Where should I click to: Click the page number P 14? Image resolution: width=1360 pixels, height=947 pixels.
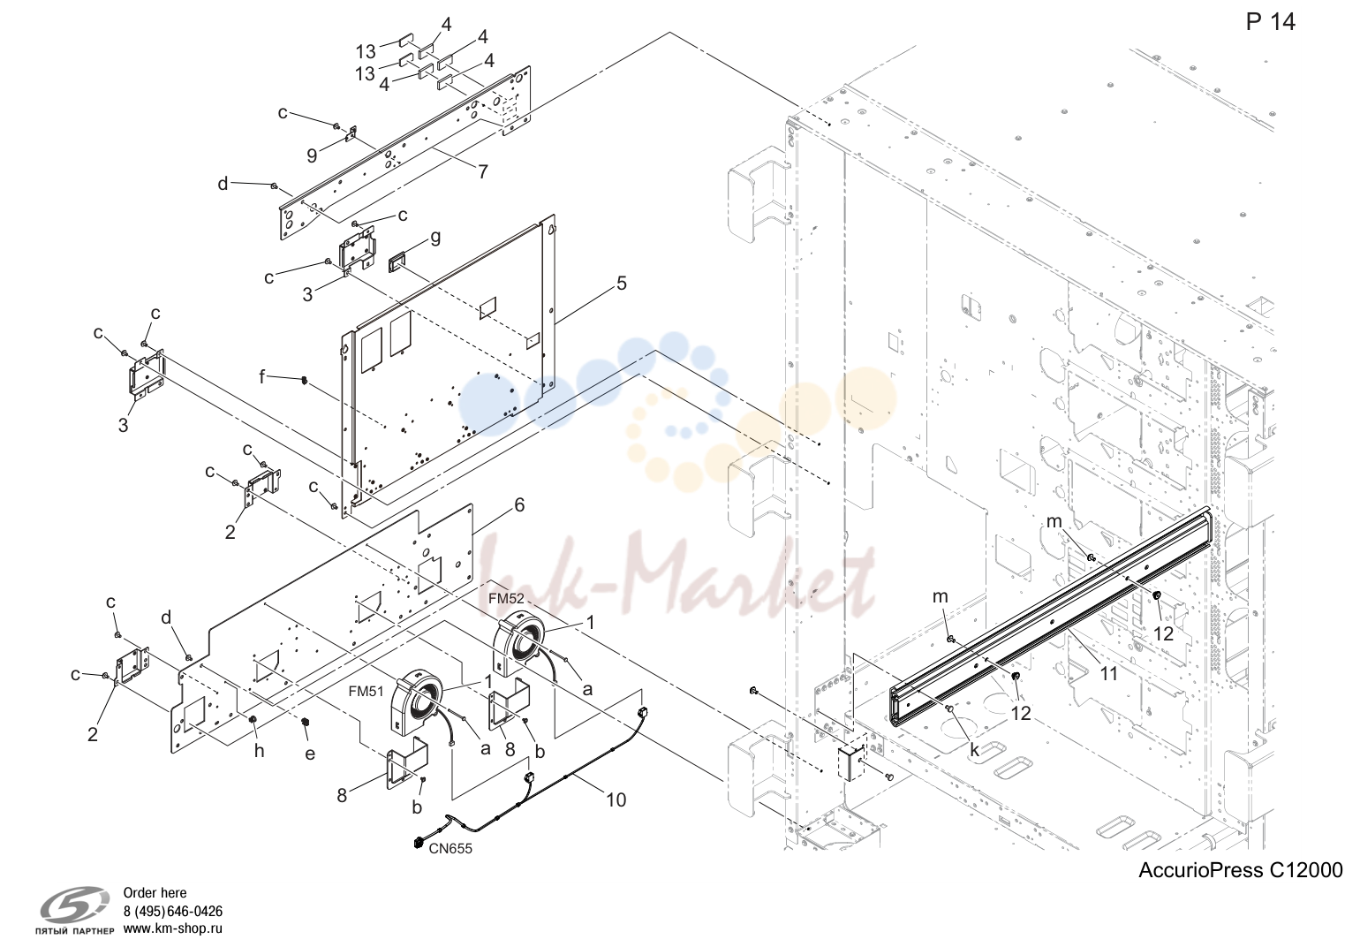pyautogui.click(x=1270, y=22)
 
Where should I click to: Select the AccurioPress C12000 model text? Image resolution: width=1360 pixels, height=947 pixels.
pyautogui.click(x=1241, y=870)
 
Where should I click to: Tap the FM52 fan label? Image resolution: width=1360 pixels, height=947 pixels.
pyautogui.click(x=506, y=598)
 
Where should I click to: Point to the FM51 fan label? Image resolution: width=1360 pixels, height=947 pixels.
pyautogui.click(x=366, y=691)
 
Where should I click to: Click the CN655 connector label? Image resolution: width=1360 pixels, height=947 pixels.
pyautogui.click(x=450, y=849)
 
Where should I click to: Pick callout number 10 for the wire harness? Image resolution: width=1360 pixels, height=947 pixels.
pyautogui.click(x=616, y=800)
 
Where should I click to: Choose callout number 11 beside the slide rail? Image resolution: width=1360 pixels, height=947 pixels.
pyautogui.click(x=1108, y=673)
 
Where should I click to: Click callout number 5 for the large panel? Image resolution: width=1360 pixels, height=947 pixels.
pyautogui.click(x=621, y=283)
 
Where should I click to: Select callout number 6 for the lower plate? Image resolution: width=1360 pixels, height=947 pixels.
pyautogui.click(x=519, y=504)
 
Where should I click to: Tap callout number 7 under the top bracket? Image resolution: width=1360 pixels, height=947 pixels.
pyautogui.click(x=483, y=172)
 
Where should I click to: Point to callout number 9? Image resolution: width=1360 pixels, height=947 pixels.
pyautogui.click(x=312, y=156)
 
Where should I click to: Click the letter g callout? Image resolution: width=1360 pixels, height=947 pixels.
pyautogui.click(x=435, y=239)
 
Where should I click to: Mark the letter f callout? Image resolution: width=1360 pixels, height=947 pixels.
pyautogui.click(x=262, y=376)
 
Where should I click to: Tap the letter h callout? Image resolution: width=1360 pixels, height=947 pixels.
pyautogui.click(x=260, y=752)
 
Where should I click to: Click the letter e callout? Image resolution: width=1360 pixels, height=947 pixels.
pyautogui.click(x=310, y=754)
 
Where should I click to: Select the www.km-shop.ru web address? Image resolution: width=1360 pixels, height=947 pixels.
pyautogui.click(x=172, y=928)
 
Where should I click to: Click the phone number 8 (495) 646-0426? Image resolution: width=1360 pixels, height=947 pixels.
pyautogui.click(x=172, y=911)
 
